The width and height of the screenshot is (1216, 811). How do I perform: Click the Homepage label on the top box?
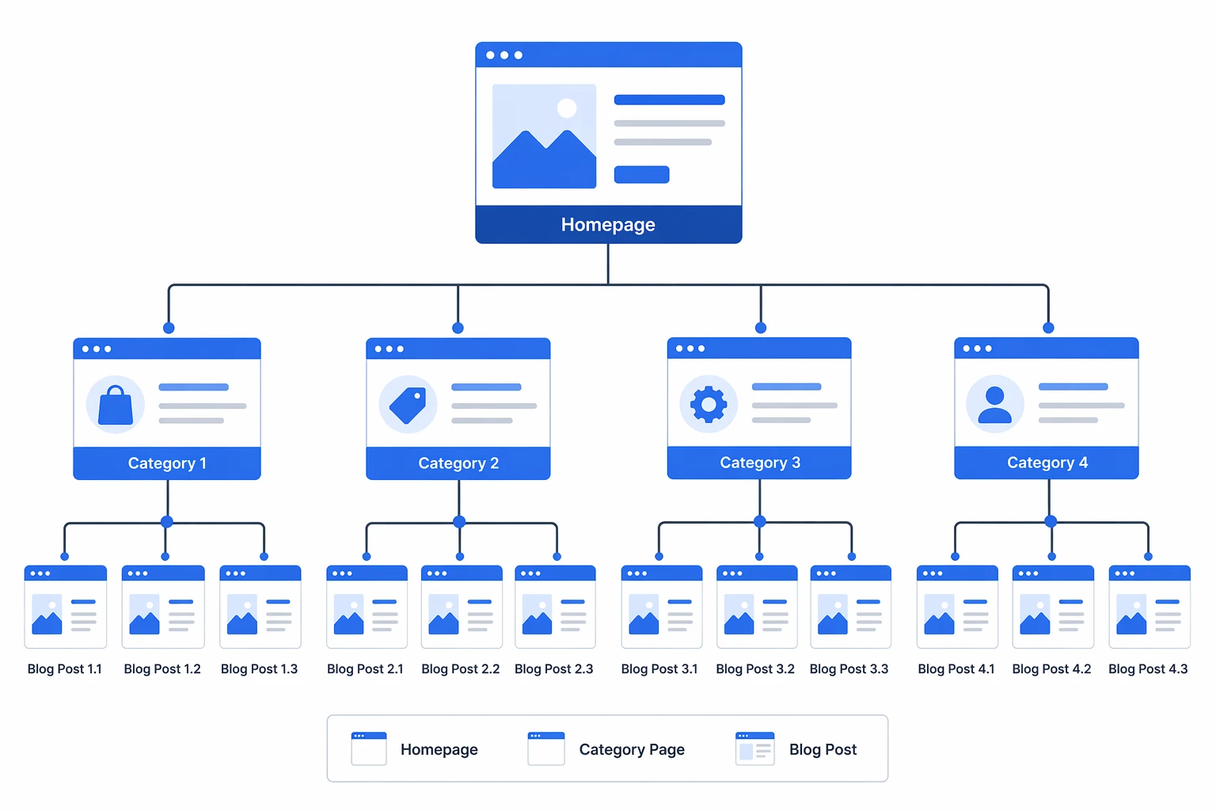tap(608, 225)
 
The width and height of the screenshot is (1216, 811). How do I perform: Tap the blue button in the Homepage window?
tap(641, 174)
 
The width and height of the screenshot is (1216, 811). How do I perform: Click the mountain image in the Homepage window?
tap(544, 136)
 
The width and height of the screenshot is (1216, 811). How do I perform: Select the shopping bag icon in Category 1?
tap(116, 405)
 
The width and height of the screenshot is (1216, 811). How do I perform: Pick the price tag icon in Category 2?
tap(408, 405)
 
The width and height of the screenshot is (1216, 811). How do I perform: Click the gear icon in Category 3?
tap(709, 404)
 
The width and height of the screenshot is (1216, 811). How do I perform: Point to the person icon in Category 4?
tap(995, 404)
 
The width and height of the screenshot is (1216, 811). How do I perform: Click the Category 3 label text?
tap(759, 463)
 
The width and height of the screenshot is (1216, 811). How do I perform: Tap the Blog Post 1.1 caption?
tap(65, 669)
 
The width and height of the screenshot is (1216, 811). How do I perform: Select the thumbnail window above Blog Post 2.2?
tap(462, 607)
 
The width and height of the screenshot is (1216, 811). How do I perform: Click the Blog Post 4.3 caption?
tap(1148, 669)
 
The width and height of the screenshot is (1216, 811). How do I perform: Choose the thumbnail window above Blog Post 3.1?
tap(662, 607)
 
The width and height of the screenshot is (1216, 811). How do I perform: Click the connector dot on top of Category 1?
tap(169, 328)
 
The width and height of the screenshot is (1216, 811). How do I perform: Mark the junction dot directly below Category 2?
tap(459, 522)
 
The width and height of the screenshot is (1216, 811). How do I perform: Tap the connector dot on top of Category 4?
tap(1048, 328)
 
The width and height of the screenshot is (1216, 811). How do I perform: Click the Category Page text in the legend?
tap(632, 749)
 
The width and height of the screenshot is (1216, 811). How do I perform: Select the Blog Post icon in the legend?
tap(754, 748)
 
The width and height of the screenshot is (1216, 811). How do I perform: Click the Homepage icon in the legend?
tap(369, 748)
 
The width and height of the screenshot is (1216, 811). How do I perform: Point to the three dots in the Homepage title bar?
tap(504, 55)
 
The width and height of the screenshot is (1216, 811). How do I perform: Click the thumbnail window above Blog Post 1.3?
tap(260, 607)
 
